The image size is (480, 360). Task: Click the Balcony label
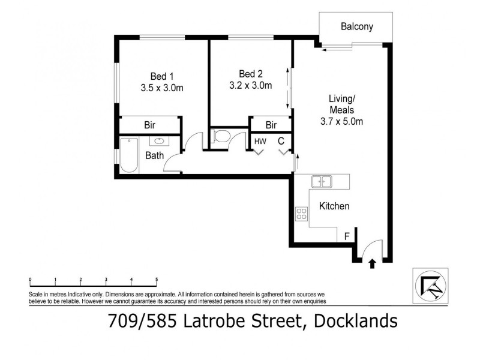pos(356,26)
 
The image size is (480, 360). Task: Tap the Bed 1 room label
pos(161,76)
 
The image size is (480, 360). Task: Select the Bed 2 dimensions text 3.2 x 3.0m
pos(251,85)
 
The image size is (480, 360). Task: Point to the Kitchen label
pos(334,206)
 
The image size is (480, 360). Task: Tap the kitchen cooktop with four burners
pos(301,214)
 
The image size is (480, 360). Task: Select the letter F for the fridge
pos(346,236)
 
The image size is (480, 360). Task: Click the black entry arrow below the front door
pos(372,263)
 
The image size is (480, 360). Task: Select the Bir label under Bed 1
pos(150,125)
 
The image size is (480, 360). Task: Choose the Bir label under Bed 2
pos(271,125)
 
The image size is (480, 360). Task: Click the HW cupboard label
pos(260,141)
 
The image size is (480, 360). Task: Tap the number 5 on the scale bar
pos(157,280)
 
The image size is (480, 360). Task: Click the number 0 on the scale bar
pos(30,280)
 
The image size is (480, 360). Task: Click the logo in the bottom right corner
pos(430,285)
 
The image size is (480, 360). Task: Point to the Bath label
pos(154,155)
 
